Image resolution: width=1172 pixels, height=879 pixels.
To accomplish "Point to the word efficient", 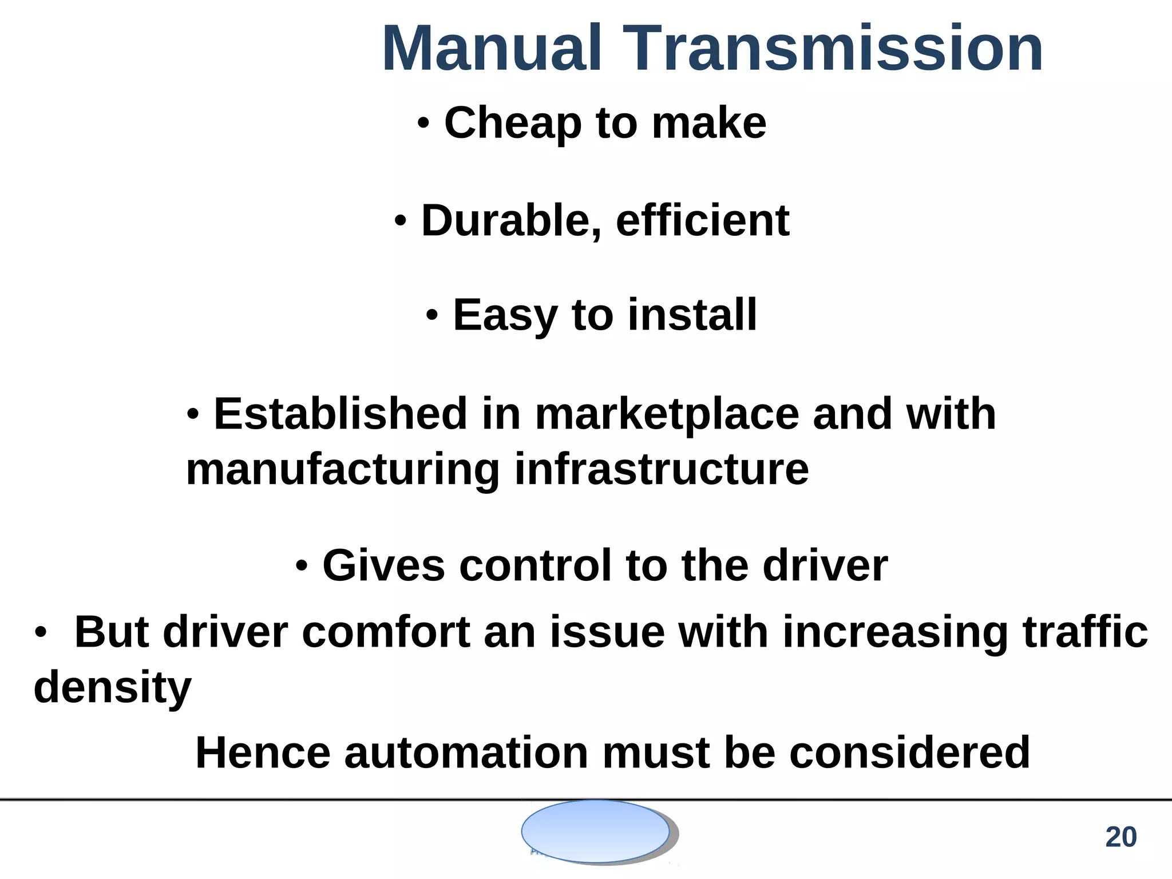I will [x=702, y=221].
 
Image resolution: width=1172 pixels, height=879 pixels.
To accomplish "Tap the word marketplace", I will [x=667, y=415].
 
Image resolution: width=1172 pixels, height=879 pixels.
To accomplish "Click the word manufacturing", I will [x=343, y=470].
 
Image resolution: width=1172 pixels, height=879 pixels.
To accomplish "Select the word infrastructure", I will [x=662, y=469].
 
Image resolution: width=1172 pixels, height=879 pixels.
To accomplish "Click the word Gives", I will [x=383, y=565].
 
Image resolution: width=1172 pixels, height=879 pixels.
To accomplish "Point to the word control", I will [x=535, y=565].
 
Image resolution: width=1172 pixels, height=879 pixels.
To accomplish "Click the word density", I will [x=113, y=688].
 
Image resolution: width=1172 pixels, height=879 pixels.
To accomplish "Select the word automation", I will [x=466, y=753].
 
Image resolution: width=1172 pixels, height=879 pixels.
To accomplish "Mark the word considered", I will [x=910, y=753].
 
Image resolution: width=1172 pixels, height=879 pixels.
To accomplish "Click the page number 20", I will [x=1120, y=837].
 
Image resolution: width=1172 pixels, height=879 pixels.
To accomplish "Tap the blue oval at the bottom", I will [x=595, y=831].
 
